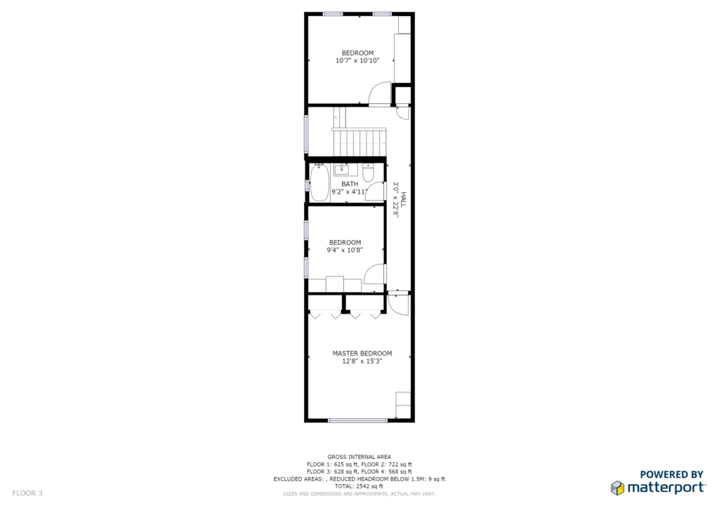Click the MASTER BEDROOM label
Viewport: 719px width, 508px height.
[x=362, y=353]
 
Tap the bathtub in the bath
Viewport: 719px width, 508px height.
[x=319, y=182]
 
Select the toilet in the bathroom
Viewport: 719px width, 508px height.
[x=368, y=173]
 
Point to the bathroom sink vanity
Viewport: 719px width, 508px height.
[x=345, y=170]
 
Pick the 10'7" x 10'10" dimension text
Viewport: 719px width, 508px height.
[x=357, y=60]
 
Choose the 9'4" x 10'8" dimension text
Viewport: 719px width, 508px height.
[x=345, y=250]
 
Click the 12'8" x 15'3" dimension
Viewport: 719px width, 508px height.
[x=362, y=361]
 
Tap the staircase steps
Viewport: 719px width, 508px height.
[x=360, y=143]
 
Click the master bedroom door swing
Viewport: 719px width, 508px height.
[x=398, y=304]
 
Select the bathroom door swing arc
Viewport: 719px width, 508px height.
[x=376, y=191]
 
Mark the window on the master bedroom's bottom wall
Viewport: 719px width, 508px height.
[x=358, y=420]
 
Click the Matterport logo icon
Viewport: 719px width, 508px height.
[x=617, y=488]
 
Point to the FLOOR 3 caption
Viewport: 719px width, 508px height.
[x=27, y=493]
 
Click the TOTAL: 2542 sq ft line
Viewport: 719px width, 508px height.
[x=359, y=486]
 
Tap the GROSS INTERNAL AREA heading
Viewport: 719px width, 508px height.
[x=359, y=457]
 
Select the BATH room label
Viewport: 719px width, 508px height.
[x=350, y=184]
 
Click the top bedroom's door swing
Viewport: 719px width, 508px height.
[x=380, y=94]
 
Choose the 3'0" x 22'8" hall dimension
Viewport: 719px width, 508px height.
[x=396, y=200]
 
